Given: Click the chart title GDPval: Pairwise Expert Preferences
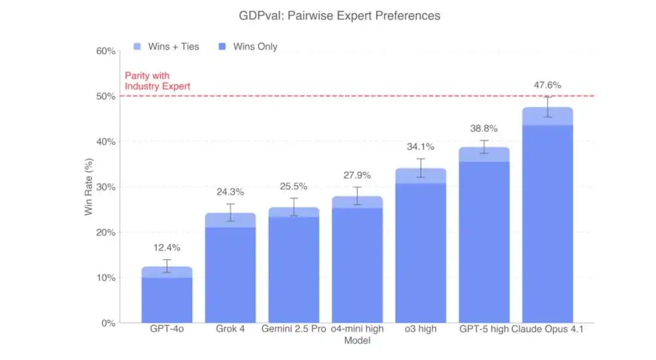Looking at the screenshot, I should pos(339,16).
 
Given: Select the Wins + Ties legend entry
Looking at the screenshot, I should pos(166,47).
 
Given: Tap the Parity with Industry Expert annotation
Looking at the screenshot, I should pos(157,81).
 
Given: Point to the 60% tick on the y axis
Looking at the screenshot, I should pos(105,51).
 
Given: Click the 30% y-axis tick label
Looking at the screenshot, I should pos(105,187).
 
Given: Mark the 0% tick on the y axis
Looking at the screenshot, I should pos(107,323).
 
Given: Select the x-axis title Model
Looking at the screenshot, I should pos(357,341).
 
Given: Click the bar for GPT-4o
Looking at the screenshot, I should pos(167,298).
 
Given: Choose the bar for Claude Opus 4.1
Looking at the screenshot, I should pos(547,222).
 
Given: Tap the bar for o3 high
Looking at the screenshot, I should pos(420,251).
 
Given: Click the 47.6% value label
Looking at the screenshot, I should pos(547,85).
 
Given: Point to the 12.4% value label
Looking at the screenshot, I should pos(167,248).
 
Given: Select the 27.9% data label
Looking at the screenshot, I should pos(357,176).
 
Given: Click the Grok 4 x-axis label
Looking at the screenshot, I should pos(230,329).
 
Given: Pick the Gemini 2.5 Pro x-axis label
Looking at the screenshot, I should pos(293,329).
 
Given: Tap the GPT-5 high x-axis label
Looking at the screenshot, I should pos(483,329).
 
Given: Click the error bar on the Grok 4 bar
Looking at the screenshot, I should pos(230,212).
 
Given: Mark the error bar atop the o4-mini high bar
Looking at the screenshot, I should pos(357,196).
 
